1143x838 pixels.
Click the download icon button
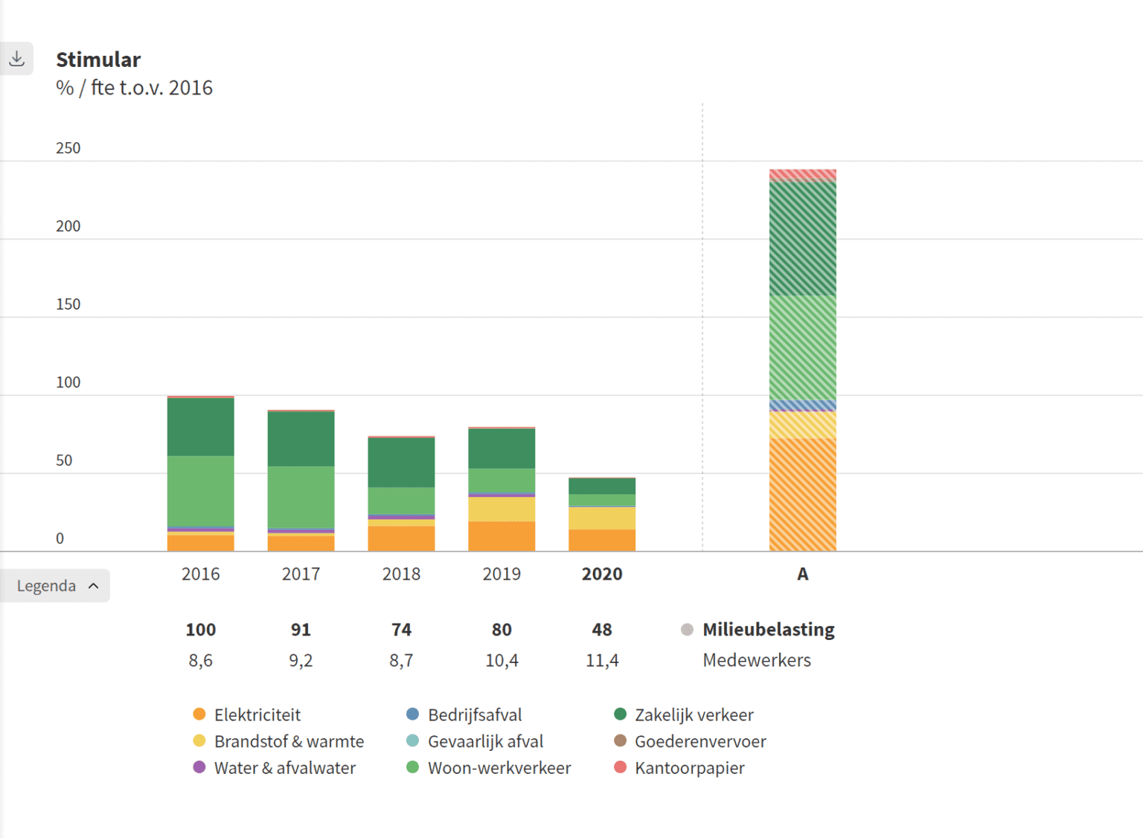tap(16, 59)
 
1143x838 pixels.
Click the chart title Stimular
tap(98, 60)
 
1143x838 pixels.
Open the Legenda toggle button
tap(56, 586)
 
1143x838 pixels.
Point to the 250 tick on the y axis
tap(68, 148)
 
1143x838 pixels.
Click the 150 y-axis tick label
tap(68, 304)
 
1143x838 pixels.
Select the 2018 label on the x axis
tap(401, 574)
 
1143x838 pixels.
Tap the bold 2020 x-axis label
tap(601, 574)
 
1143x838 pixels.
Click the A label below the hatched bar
tap(802, 574)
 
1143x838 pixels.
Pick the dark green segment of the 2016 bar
tap(200, 427)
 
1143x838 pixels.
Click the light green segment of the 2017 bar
tap(301, 496)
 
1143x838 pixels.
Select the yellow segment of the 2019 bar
tap(502, 509)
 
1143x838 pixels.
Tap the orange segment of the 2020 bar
tap(601, 540)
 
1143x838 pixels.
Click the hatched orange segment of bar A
tap(802, 494)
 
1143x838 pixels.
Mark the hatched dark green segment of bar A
tap(802, 238)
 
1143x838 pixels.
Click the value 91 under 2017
tap(301, 630)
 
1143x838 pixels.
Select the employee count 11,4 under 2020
tap(601, 660)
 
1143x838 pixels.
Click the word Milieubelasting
tap(768, 630)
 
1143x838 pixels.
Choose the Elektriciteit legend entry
tap(257, 714)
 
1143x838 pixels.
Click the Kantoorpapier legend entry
tap(689, 767)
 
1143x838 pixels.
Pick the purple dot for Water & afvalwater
tap(199, 767)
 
